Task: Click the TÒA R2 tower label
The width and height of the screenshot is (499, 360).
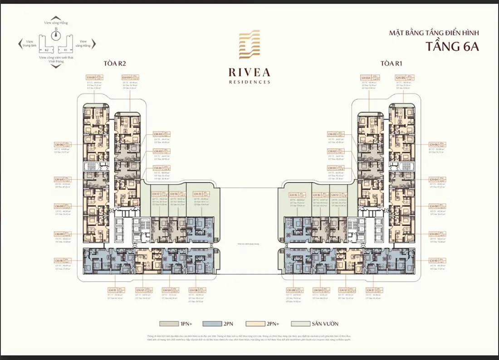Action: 114,63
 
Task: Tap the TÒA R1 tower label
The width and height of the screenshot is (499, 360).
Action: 390,63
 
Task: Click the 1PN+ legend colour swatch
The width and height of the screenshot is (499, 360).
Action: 166,324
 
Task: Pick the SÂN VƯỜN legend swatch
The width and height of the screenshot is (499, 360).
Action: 297,324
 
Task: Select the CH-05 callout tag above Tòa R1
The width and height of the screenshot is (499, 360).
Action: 400,78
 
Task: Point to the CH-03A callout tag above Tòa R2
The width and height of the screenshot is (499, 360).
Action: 127,78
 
